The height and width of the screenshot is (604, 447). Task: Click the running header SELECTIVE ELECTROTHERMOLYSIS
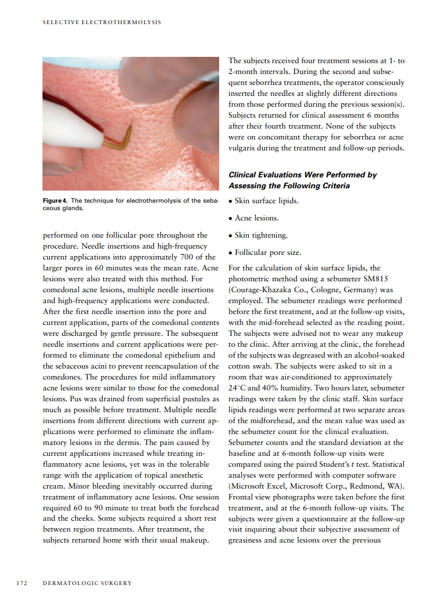[102, 22]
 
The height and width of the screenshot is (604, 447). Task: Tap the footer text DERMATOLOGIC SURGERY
[87, 583]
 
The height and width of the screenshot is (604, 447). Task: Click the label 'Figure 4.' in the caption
[55, 200]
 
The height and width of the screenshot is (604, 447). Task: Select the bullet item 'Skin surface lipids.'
[266, 201]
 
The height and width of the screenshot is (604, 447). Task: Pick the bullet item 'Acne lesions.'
[256, 218]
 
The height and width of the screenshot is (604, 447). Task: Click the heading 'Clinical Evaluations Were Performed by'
[302, 175]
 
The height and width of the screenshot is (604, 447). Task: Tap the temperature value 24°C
[237, 388]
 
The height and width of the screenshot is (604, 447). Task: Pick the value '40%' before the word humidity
[264, 388]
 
